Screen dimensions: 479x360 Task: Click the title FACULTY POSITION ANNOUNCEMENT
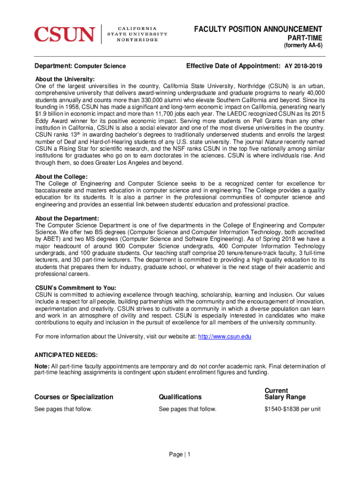[x=258, y=29]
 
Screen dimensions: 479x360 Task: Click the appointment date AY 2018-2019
[x=303, y=66]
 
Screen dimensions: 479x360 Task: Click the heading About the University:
[x=65, y=79]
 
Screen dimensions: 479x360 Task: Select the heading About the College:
[x=61, y=176]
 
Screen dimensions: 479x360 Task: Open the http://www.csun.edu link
[x=225, y=336]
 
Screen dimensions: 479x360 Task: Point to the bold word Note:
[x=42, y=366]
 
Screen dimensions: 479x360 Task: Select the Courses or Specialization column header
[x=74, y=397]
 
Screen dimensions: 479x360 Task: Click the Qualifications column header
[x=180, y=397]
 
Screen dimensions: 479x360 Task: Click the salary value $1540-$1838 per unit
[x=292, y=409]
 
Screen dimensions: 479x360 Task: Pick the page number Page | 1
[x=180, y=454]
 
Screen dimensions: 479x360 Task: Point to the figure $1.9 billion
[x=50, y=113]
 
